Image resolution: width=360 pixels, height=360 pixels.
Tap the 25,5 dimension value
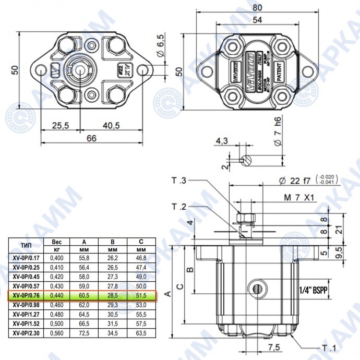click(61, 125)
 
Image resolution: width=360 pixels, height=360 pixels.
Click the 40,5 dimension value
click(111, 125)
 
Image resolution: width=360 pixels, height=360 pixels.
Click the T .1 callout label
click(329, 348)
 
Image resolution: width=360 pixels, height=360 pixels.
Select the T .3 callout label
click(179, 181)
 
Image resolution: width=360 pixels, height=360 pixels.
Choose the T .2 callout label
click(179, 207)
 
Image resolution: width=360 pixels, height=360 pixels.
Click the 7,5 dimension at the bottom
click(272, 347)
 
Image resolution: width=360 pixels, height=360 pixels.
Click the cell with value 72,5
click(85, 333)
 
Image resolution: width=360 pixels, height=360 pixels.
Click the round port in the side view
click(256, 287)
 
